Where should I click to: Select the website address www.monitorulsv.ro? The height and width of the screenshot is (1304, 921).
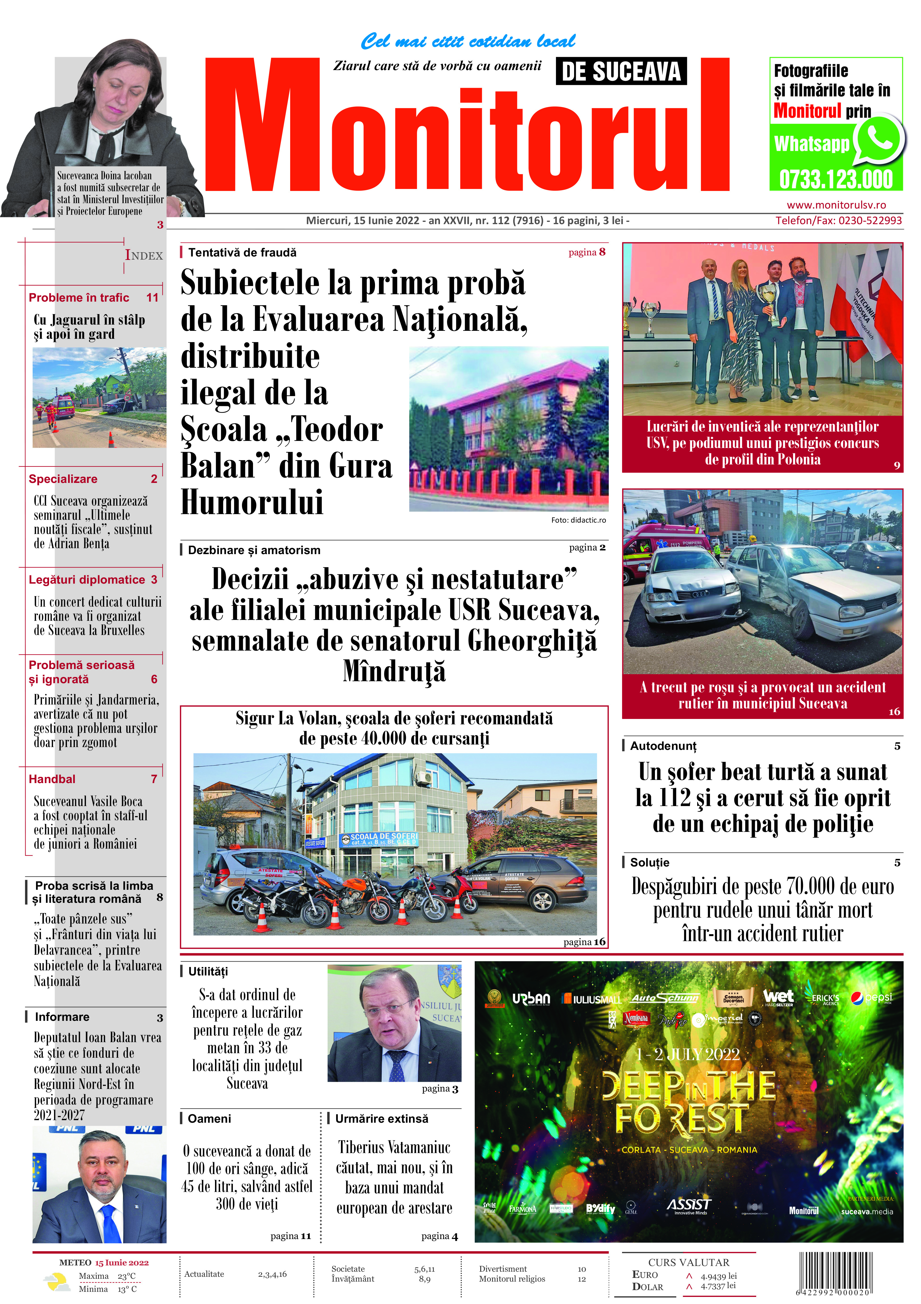point(836,205)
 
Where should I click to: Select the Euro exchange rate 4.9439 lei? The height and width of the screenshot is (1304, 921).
point(718,1276)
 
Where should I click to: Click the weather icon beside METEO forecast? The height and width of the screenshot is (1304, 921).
point(57,1282)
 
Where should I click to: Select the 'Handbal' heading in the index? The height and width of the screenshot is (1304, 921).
point(52,779)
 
